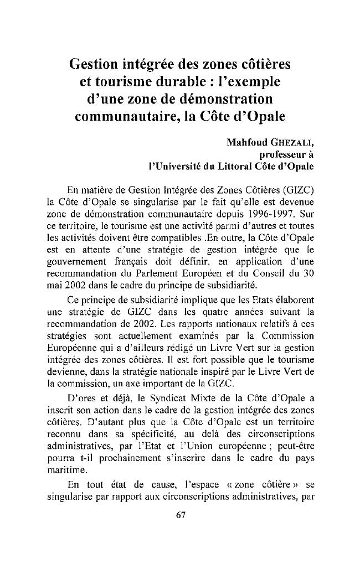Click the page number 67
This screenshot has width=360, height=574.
(179, 515)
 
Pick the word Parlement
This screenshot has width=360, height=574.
(161, 277)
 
